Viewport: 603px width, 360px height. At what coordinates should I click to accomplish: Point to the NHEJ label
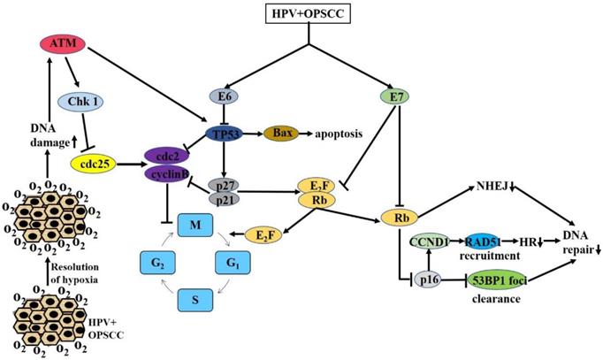pos(492,187)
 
